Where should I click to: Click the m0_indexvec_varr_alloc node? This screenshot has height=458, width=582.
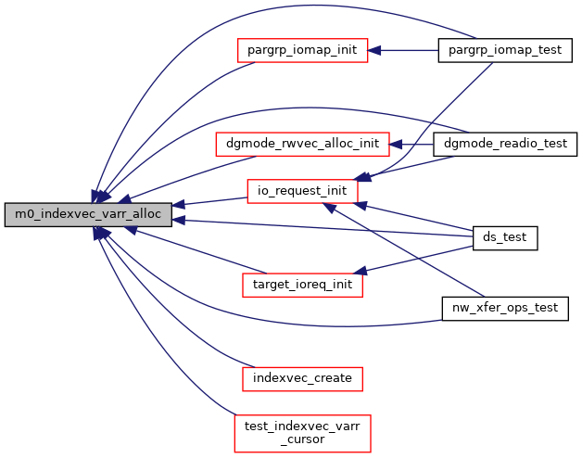tap(88, 214)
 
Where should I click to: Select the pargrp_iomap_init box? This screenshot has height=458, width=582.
tap(303, 50)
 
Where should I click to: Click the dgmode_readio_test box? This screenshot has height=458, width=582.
tap(506, 144)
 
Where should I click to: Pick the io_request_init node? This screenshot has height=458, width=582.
tap(302, 191)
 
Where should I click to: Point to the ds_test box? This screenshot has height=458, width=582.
tap(505, 237)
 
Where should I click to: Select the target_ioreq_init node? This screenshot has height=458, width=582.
tap(302, 285)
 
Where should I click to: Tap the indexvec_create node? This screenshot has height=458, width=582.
tap(302, 377)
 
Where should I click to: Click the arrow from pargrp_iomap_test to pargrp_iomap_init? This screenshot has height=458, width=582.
tap(403, 50)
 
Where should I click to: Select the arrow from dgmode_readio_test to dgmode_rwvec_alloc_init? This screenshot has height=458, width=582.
tap(412, 145)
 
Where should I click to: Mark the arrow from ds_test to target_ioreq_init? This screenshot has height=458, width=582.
tap(417, 256)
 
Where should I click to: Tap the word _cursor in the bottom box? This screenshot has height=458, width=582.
tap(302, 440)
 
